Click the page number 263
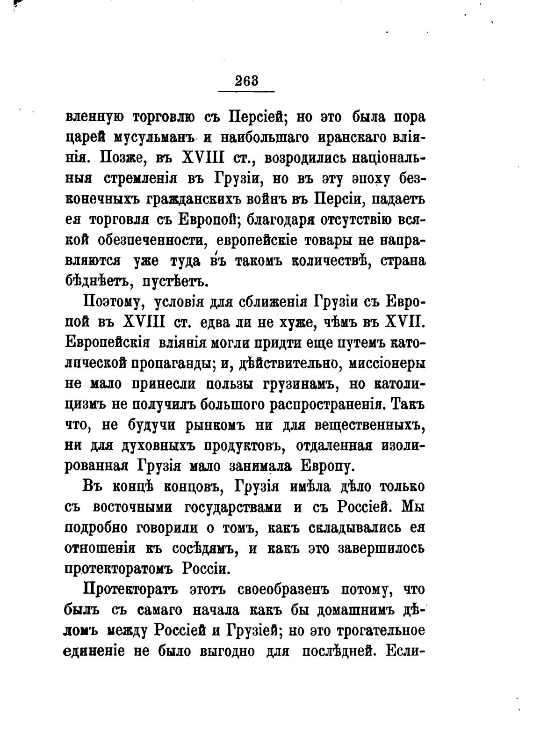247,80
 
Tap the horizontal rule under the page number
247,91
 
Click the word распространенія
329,404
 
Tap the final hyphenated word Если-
405,651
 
